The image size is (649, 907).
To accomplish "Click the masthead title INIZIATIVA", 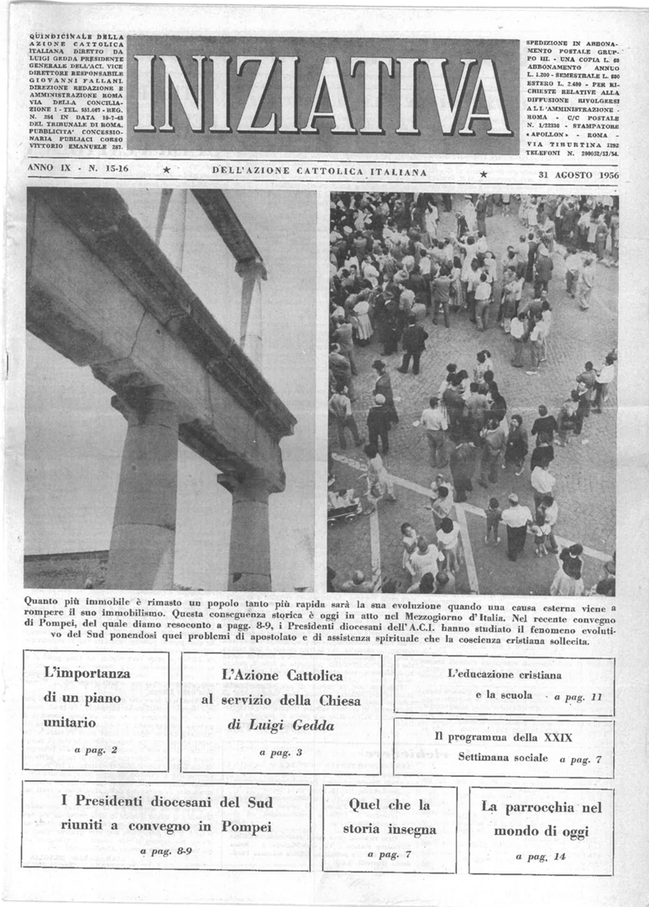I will coord(323,96).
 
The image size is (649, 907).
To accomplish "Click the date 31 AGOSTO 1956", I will coord(578,175).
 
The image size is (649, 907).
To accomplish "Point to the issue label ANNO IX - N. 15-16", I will coord(75,169).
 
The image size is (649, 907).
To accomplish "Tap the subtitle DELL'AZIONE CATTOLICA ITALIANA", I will coord(319,171).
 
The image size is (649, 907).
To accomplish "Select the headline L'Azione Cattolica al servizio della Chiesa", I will coord(281,688).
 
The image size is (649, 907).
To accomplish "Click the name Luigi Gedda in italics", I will coord(280,726).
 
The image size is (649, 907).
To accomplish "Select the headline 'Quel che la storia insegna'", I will coord(390,817).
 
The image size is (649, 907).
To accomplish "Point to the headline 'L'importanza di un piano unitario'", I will coord(87,697).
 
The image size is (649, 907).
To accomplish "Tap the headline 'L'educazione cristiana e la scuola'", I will coord(505,684).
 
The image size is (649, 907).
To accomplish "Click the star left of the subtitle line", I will coord(166,171).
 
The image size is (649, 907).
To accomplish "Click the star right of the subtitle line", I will coord(483,175).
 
